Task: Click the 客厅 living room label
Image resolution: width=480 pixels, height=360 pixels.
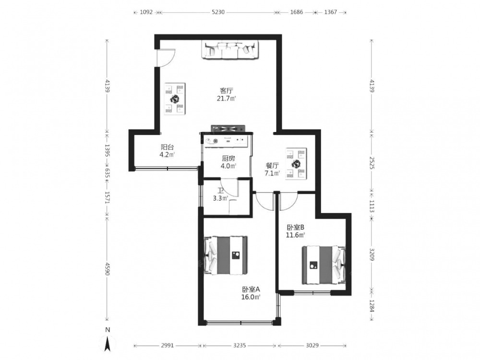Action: tap(227, 91)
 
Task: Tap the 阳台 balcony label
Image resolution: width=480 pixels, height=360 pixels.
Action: tap(167, 147)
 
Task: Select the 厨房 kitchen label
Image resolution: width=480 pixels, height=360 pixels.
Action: tap(228, 158)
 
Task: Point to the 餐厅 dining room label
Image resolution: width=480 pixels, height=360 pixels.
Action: tap(272, 166)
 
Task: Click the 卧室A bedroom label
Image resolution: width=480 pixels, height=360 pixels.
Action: tap(251, 289)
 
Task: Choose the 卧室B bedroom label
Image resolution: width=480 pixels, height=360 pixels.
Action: tap(295, 228)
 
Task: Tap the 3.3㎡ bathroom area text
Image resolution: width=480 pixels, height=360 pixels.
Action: tap(220, 198)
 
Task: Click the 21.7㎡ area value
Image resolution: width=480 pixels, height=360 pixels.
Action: tap(227, 98)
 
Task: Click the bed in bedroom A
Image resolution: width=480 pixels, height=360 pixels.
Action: tap(226, 255)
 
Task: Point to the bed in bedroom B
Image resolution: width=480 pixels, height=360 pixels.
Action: tap(324, 265)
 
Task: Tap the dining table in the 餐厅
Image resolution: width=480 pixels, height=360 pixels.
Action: tap(296, 164)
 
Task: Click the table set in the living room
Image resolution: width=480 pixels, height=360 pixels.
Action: tap(175, 98)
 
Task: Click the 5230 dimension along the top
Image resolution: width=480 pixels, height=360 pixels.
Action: tap(218, 12)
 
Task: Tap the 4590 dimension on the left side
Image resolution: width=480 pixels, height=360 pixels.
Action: tap(107, 268)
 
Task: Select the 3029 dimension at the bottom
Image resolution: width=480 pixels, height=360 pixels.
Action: tap(312, 345)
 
